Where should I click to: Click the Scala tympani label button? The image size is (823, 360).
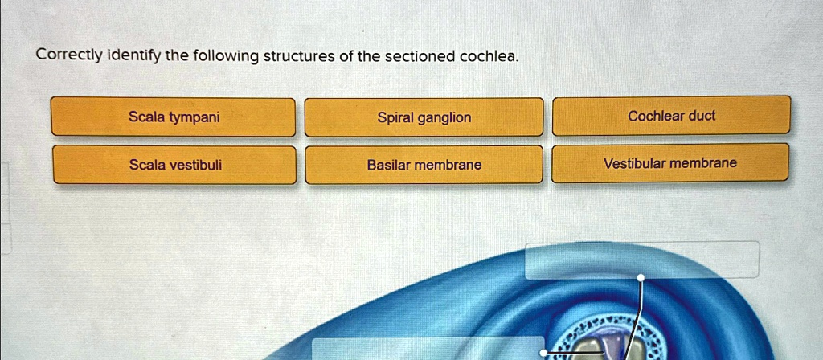click(x=174, y=117)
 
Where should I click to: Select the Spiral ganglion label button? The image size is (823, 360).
click(x=424, y=117)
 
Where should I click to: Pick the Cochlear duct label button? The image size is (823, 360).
click(x=671, y=116)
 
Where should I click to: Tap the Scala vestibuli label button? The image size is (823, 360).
click(x=175, y=165)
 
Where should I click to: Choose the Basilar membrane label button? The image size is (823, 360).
click(x=424, y=165)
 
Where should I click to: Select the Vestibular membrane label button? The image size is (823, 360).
click(x=669, y=163)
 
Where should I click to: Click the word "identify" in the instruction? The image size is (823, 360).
click(x=133, y=56)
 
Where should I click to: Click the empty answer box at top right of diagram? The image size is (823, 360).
click(x=641, y=259)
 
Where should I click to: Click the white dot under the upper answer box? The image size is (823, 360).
click(x=641, y=278)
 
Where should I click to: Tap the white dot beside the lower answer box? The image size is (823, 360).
click(x=544, y=353)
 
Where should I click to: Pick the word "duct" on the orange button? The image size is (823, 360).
click(x=702, y=116)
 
